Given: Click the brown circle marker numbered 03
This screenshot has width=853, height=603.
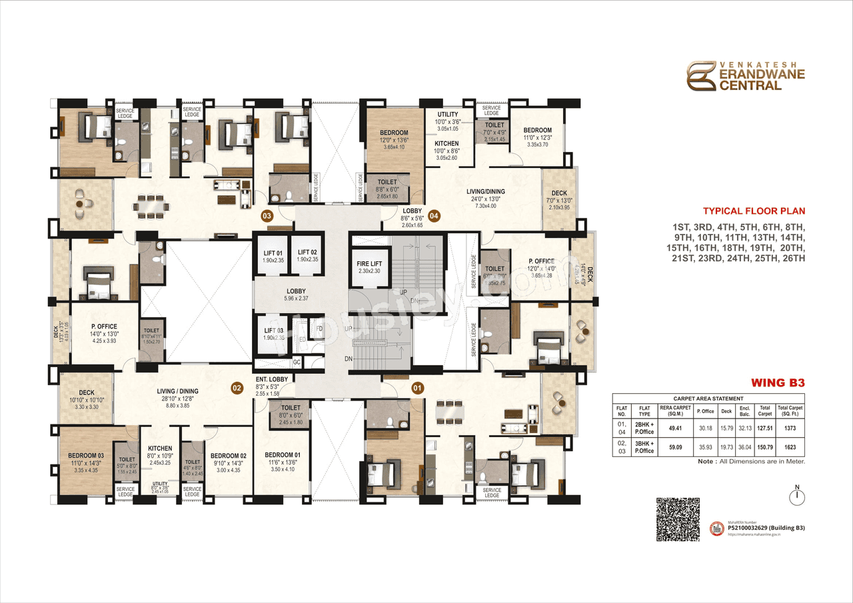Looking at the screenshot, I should click(267, 216).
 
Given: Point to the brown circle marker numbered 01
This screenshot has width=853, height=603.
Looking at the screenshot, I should click(418, 386).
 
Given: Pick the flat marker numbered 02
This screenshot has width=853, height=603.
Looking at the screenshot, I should click(237, 386).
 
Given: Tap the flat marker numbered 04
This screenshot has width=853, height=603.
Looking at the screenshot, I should click(434, 216).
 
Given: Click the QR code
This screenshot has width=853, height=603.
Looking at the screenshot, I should click(678, 518).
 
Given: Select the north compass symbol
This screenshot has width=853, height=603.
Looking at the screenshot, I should click(796, 496).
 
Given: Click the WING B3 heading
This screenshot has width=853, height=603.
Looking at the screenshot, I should click(778, 383).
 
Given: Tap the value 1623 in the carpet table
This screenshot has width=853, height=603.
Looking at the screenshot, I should click(790, 447).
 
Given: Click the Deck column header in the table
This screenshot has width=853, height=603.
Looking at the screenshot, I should click(726, 411).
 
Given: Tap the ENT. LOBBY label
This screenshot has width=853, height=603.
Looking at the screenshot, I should click(271, 379).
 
